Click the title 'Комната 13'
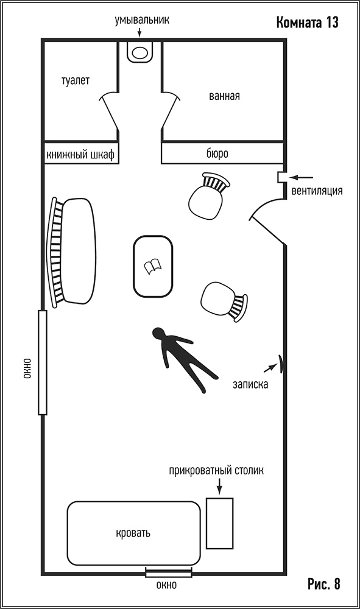tap(307, 23)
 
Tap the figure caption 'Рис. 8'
tap(324, 584)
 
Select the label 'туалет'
tap(76, 80)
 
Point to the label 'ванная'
tap(224, 96)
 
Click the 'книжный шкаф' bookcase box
tap(81, 153)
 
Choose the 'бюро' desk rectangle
tap(222, 153)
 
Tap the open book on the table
tap(153, 267)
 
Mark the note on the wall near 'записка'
tap(281, 363)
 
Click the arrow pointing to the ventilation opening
tap(302, 177)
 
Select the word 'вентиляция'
tap(317, 191)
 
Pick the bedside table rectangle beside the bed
tap(219, 523)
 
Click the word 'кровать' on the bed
tap(133, 533)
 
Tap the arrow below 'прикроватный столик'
tap(219, 486)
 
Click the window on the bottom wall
tap(169, 572)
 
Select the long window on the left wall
tap(42, 362)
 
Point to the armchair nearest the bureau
tap(208, 195)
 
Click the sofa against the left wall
tap(71, 252)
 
